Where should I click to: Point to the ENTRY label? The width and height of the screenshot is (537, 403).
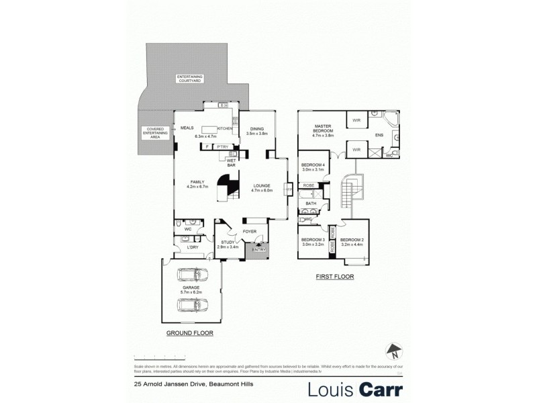point(259,250)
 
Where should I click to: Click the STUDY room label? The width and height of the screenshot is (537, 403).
point(227,244)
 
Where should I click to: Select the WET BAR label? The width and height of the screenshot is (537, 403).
point(230,163)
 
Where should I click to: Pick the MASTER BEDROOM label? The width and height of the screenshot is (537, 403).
point(323,130)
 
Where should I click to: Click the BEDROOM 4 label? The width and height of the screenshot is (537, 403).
point(313,166)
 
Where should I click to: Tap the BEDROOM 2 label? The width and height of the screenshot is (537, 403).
point(352,240)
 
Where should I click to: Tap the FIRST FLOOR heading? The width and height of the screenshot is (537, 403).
point(334,276)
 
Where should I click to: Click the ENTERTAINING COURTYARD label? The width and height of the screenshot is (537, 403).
point(189,79)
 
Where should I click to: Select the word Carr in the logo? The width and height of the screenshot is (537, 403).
point(380,389)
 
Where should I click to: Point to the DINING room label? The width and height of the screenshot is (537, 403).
point(257,130)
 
